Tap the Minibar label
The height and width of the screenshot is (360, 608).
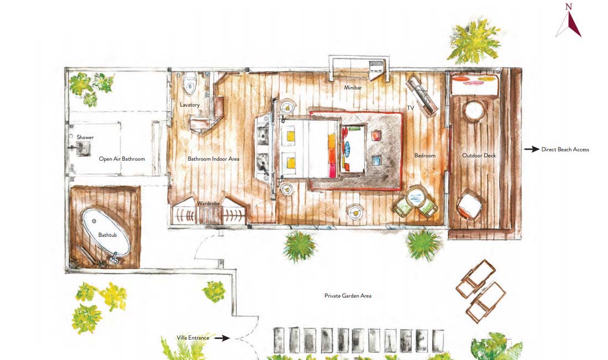coord(353,88)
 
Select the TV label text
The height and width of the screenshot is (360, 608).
coord(410,108)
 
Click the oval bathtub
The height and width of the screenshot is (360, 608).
coord(106,233)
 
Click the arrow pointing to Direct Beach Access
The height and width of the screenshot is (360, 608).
coord(531,149)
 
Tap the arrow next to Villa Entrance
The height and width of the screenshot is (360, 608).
coord(222,338)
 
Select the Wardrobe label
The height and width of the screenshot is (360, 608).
coord(208,203)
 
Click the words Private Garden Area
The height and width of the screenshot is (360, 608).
coord(348,295)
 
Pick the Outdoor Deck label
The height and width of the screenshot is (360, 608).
coord(479,156)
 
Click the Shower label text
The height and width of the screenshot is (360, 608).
coord(85,137)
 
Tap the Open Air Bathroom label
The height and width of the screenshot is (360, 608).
coord(122,158)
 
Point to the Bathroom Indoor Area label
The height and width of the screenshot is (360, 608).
coord(214,158)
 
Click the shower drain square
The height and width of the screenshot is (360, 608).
coord(83,149)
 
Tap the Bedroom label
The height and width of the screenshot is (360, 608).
coord(425,156)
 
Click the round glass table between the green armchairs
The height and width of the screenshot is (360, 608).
coord(415,196)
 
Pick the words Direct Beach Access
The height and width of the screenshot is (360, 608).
coord(565,149)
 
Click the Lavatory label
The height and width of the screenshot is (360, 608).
coord(190,105)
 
